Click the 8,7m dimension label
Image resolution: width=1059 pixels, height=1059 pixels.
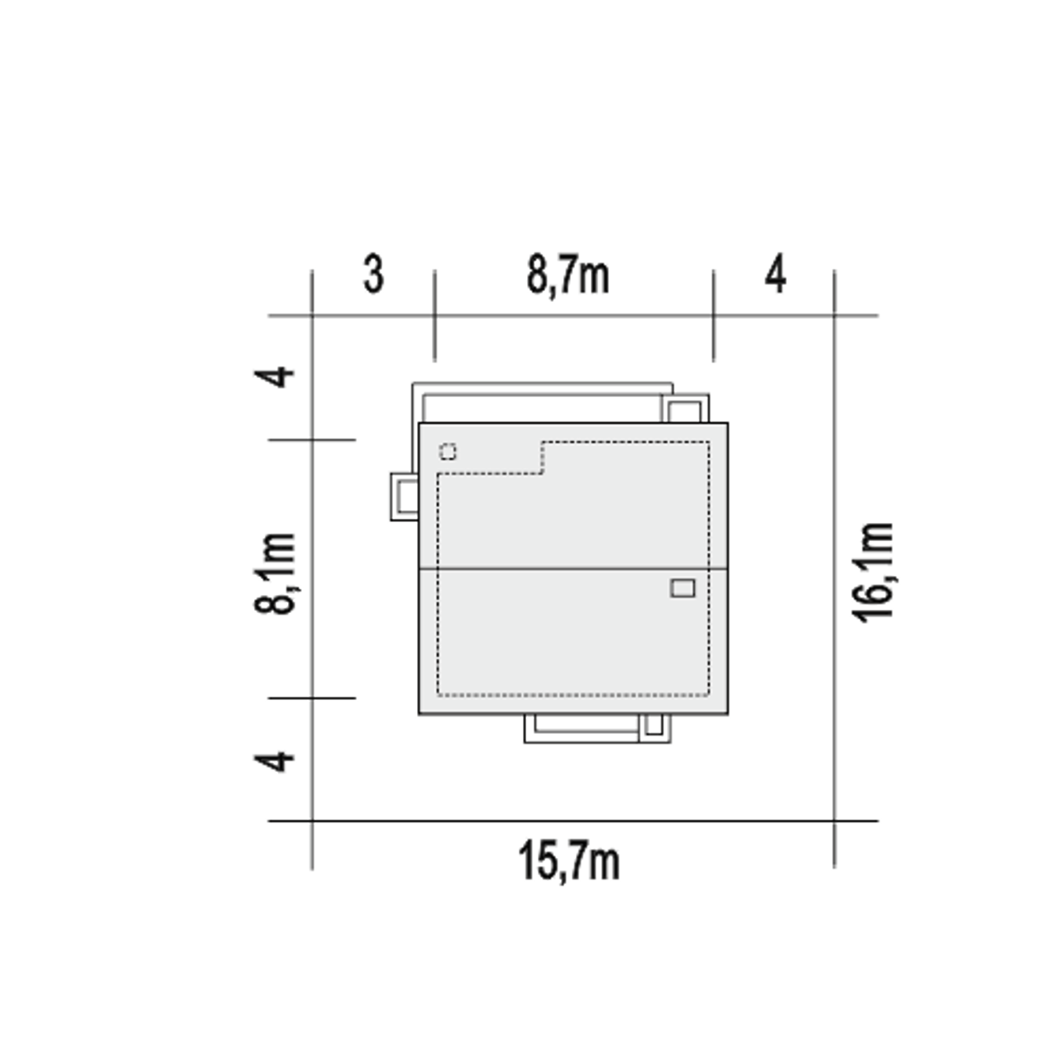tap(568, 276)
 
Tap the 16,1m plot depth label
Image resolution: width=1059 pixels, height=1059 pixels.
tap(872, 573)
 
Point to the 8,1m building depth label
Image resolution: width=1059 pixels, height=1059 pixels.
tap(274, 573)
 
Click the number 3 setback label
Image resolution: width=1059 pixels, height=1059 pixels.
tap(374, 274)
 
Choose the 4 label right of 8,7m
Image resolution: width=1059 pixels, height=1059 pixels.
tap(775, 274)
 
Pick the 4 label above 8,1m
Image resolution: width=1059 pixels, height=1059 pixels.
tap(274, 377)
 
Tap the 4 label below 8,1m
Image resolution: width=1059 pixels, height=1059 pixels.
tap(274, 761)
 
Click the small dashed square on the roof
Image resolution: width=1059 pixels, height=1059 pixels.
tap(448, 453)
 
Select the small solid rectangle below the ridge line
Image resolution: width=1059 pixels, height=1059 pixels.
tap(683, 588)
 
